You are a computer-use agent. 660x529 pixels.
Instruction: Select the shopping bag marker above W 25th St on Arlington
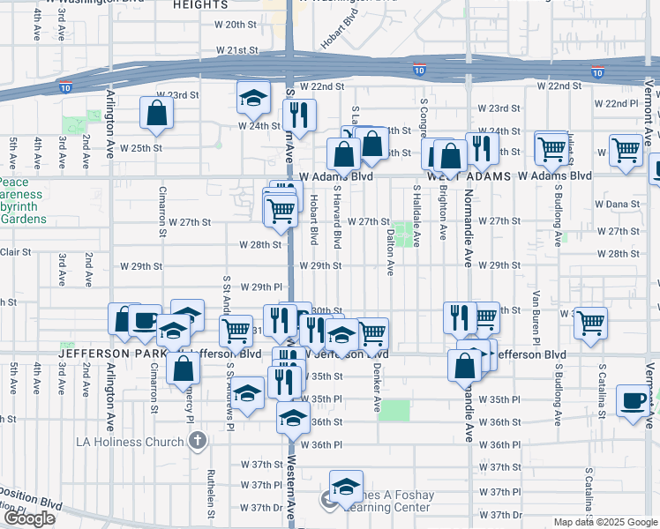(x=156, y=113)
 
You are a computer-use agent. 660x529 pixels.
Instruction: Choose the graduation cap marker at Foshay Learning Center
(x=346, y=486)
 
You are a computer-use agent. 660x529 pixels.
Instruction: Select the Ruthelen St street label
(x=212, y=492)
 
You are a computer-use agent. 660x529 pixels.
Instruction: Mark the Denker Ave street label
(x=375, y=387)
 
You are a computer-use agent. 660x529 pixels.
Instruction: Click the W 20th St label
(x=234, y=25)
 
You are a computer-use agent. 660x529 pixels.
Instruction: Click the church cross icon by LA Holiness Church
(x=197, y=440)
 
